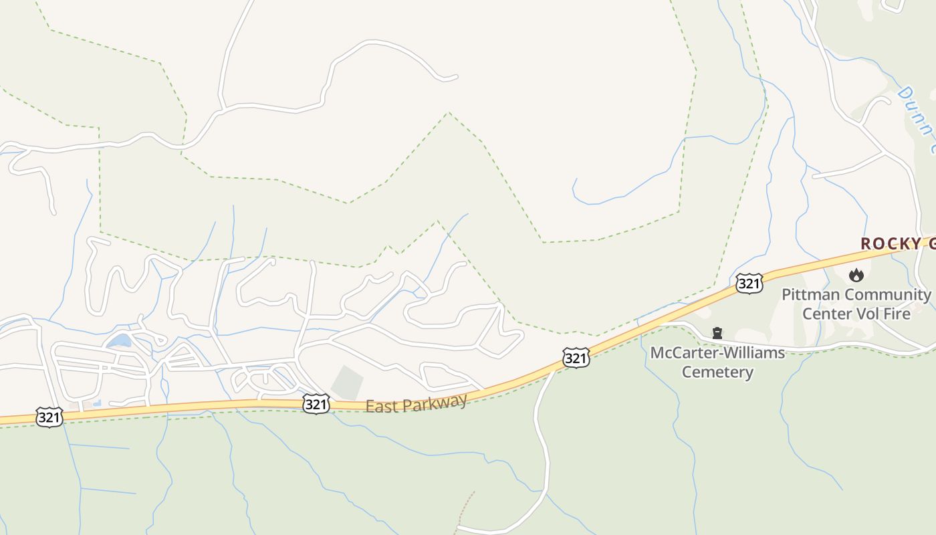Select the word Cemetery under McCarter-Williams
pyautogui.click(x=717, y=372)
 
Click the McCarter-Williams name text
pyautogui.click(x=717, y=352)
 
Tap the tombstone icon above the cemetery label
pyautogui.click(x=717, y=333)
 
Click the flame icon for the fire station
pyautogui.click(x=856, y=274)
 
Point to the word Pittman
pyautogui.click(x=810, y=295)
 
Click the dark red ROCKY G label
pyautogui.click(x=897, y=244)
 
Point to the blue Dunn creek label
pyautogui.click(x=917, y=120)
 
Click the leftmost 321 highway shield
pyautogui.click(x=49, y=417)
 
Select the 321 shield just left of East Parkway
pyautogui.click(x=316, y=403)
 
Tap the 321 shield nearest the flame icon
pyautogui.click(x=749, y=284)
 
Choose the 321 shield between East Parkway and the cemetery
pyautogui.click(x=576, y=358)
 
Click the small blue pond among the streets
pyautogui.click(x=119, y=341)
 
